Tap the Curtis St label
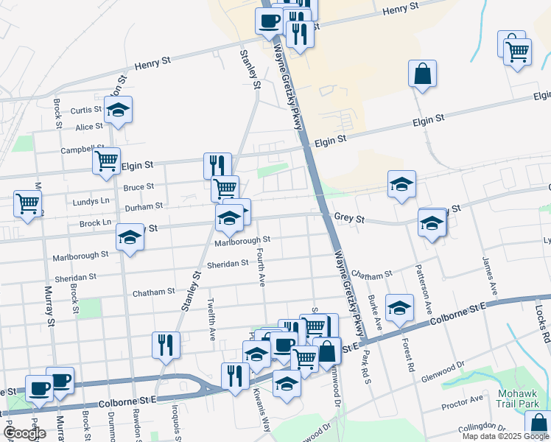coord(86,110)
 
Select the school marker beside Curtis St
coord(118,110)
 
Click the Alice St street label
coord(89,127)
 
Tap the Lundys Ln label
coord(91,200)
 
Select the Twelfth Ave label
coord(212,319)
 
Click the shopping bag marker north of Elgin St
coord(423,74)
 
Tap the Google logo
coord(24,433)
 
